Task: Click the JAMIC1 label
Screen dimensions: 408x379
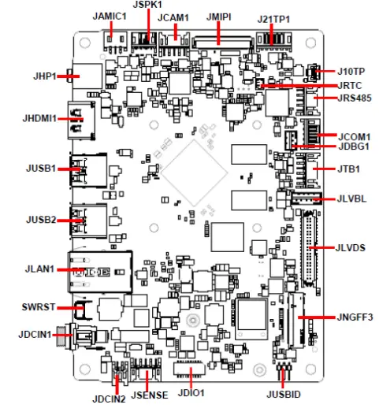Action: coord(110,16)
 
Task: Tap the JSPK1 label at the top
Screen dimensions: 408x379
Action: coord(147,5)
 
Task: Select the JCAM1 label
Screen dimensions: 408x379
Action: coord(173,17)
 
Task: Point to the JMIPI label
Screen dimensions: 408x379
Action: coord(219,16)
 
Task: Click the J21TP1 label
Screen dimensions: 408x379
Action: coord(273,17)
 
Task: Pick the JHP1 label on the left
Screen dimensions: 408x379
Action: coord(44,77)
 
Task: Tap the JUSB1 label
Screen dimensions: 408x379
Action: coord(40,168)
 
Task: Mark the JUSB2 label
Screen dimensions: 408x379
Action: coord(40,221)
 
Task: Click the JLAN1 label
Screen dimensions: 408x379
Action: coord(41,269)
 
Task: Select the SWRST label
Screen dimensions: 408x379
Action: coord(37,306)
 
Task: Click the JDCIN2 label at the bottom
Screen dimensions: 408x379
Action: coord(108,398)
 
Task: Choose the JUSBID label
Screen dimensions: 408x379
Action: coord(283,393)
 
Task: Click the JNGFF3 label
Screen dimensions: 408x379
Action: coord(353,317)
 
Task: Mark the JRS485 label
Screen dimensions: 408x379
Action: coord(355,98)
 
